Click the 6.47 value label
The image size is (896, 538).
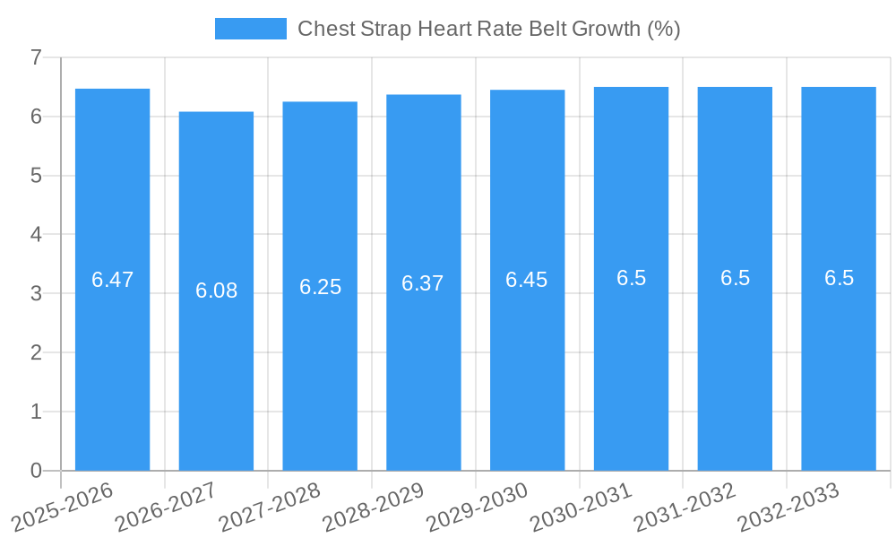coord(112,280)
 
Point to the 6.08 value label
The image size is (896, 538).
coord(216,291)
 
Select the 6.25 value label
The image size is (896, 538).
coord(320,287)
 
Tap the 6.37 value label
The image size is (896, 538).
coord(423,283)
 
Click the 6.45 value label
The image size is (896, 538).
coord(527,280)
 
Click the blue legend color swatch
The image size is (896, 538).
coord(251,29)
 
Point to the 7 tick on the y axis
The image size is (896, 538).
coord(36,57)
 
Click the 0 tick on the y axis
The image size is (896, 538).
coord(36,471)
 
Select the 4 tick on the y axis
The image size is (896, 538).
coord(36,235)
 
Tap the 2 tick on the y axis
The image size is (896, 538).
coord(36,352)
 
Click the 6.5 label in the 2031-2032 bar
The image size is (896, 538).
coord(735,278)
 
